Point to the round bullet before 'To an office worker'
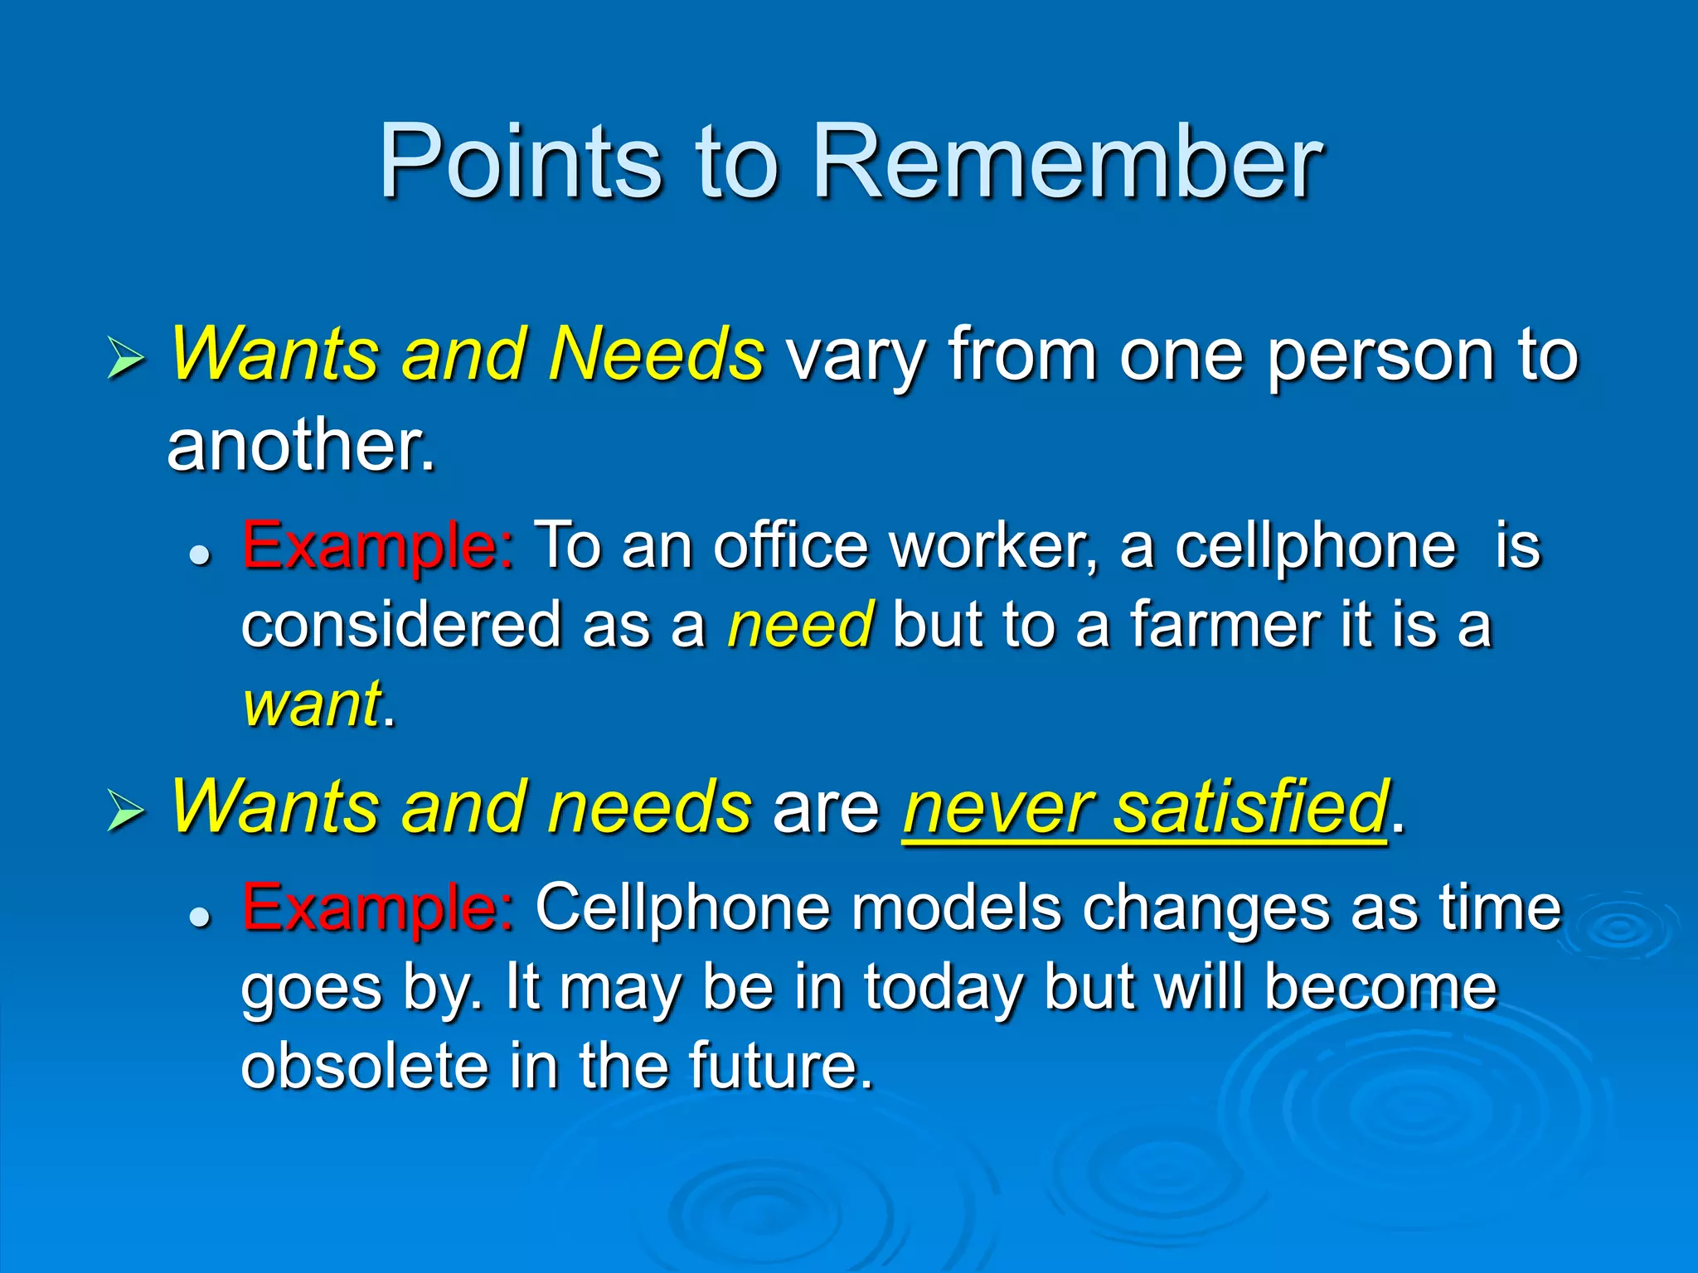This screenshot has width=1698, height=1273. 199,554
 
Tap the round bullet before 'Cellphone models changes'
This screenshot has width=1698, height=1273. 199,916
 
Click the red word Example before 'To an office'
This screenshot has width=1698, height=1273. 377,547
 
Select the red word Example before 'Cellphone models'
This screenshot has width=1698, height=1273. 377,908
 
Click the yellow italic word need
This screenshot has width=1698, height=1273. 799,627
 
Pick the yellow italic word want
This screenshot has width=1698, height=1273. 312,704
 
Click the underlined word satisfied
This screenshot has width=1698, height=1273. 1250,808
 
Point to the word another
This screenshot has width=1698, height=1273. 300,446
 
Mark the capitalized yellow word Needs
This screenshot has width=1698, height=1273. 655,355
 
